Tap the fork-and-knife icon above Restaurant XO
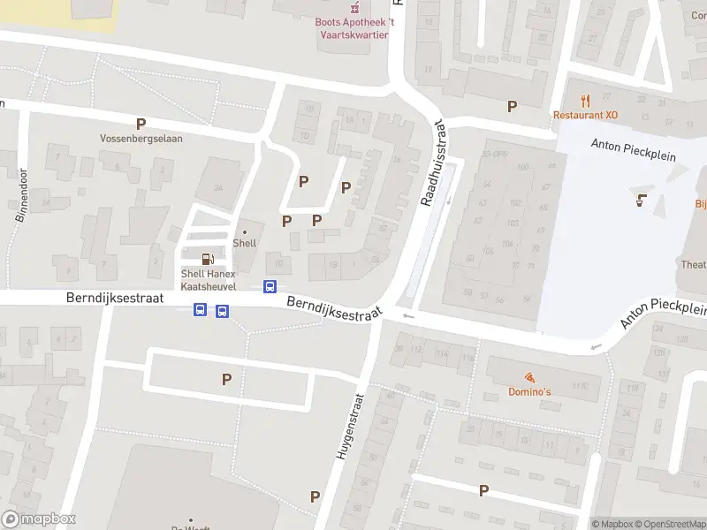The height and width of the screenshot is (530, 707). (x=584, y=100)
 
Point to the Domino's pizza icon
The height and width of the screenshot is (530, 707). (x=528, y=376)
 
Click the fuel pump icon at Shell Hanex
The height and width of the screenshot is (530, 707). (x=208, y=259)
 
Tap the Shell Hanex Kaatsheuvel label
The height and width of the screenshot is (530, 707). (x=208, y=279)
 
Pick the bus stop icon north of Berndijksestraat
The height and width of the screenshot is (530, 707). (x=270, y=286)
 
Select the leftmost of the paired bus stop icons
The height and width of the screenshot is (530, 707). (x=201, y=310)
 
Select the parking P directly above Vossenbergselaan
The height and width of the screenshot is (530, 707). (x=140, y=124)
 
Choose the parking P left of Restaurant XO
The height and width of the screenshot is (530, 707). (x=512, y=106)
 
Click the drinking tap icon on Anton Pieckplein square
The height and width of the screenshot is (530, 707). (x=641, y=200)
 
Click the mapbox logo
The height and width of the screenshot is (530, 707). (x=39, y=519)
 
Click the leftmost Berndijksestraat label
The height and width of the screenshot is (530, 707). (x=115, y=299)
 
